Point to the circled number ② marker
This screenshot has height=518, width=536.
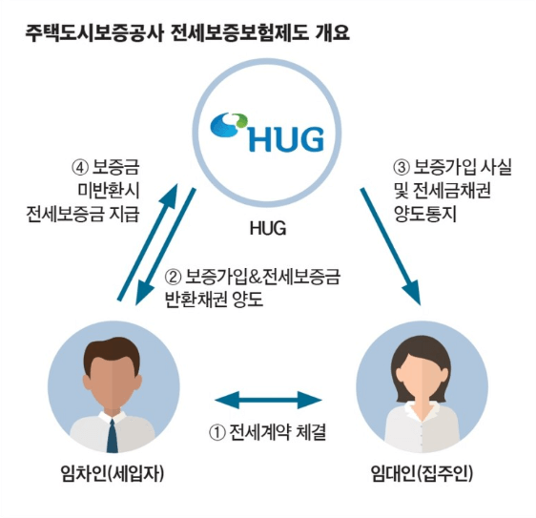pyautogui.click(x=174, y=280)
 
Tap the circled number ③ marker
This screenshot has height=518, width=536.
pyautogui.click(x=402, y=167)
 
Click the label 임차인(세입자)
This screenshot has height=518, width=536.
pyautogui.click(x=113, y=477)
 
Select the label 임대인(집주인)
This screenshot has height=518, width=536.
pyautogui.click(x=422, y=477)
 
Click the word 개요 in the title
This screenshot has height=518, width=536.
pyautogui.click(x=329, y=35)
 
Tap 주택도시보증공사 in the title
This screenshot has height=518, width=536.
pyautogui.click(x=93, y=35)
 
